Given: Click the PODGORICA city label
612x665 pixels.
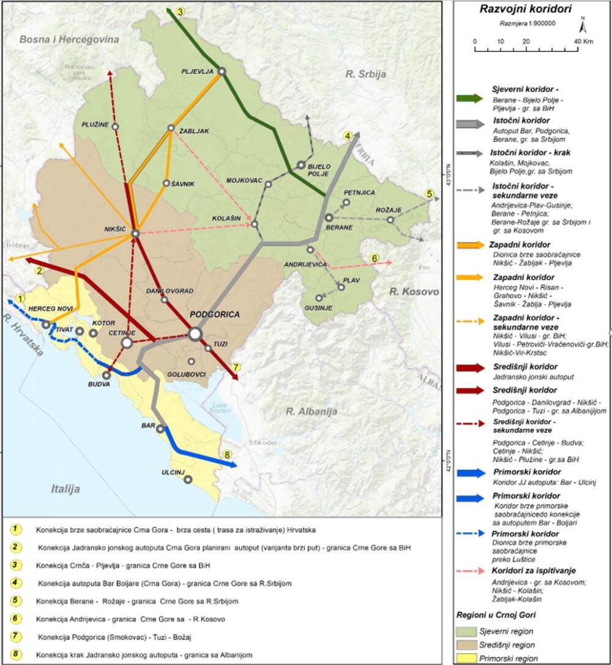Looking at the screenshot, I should tap(215, 314).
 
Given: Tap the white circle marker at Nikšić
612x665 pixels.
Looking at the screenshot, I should tap(135, 233).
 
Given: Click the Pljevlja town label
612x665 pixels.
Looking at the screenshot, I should tap(197, 71).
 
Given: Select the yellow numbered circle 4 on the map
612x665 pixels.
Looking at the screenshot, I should tap(347, 136).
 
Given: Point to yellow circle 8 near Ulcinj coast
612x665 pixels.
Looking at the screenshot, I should tap(228, 455).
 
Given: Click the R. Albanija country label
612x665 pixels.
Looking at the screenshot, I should tap(312, 411).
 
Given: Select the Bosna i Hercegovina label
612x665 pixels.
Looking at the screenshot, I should tap(69, 39).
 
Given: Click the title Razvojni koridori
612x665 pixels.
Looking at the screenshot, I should tap(526, 9).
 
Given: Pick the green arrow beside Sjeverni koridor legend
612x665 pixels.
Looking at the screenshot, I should tap(471, 97).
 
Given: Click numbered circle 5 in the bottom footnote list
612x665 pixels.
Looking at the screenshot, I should tap(18, 601).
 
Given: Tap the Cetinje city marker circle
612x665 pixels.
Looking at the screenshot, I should tap(127, 342).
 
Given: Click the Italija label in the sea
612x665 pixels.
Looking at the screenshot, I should tap(65, 489).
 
